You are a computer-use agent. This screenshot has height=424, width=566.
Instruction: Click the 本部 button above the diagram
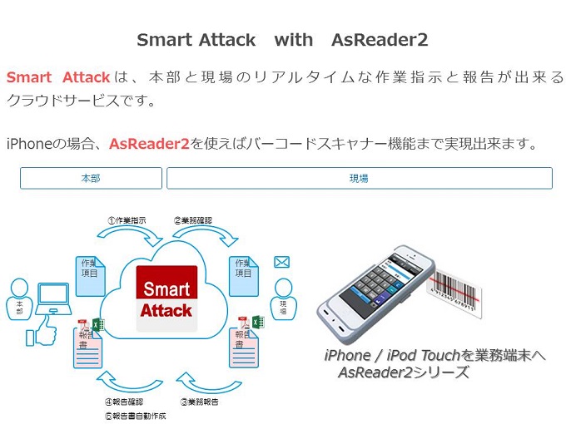[x=91, y=178]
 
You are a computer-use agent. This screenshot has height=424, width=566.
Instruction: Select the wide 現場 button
[x=359, y=178]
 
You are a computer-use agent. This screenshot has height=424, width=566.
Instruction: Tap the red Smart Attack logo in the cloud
[x=166, y=299]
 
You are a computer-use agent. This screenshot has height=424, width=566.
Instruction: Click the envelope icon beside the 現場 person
[x=281, y=263]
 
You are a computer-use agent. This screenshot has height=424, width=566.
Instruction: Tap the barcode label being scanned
[x=454, y=295]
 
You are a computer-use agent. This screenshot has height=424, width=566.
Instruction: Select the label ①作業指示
[x=127, y=220]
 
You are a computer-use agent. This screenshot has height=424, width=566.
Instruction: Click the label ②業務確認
[x=193, y=220]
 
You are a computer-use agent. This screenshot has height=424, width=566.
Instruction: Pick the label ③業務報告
[x=199, y=402]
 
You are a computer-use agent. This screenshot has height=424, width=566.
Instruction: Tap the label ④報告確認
[x=124, y=402]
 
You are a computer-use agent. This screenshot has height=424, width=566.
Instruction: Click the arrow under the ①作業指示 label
[x=133, y=237]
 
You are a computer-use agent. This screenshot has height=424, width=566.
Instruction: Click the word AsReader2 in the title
[x=379, y=40]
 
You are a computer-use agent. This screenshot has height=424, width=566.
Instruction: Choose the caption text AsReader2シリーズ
[x=403, y=372]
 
